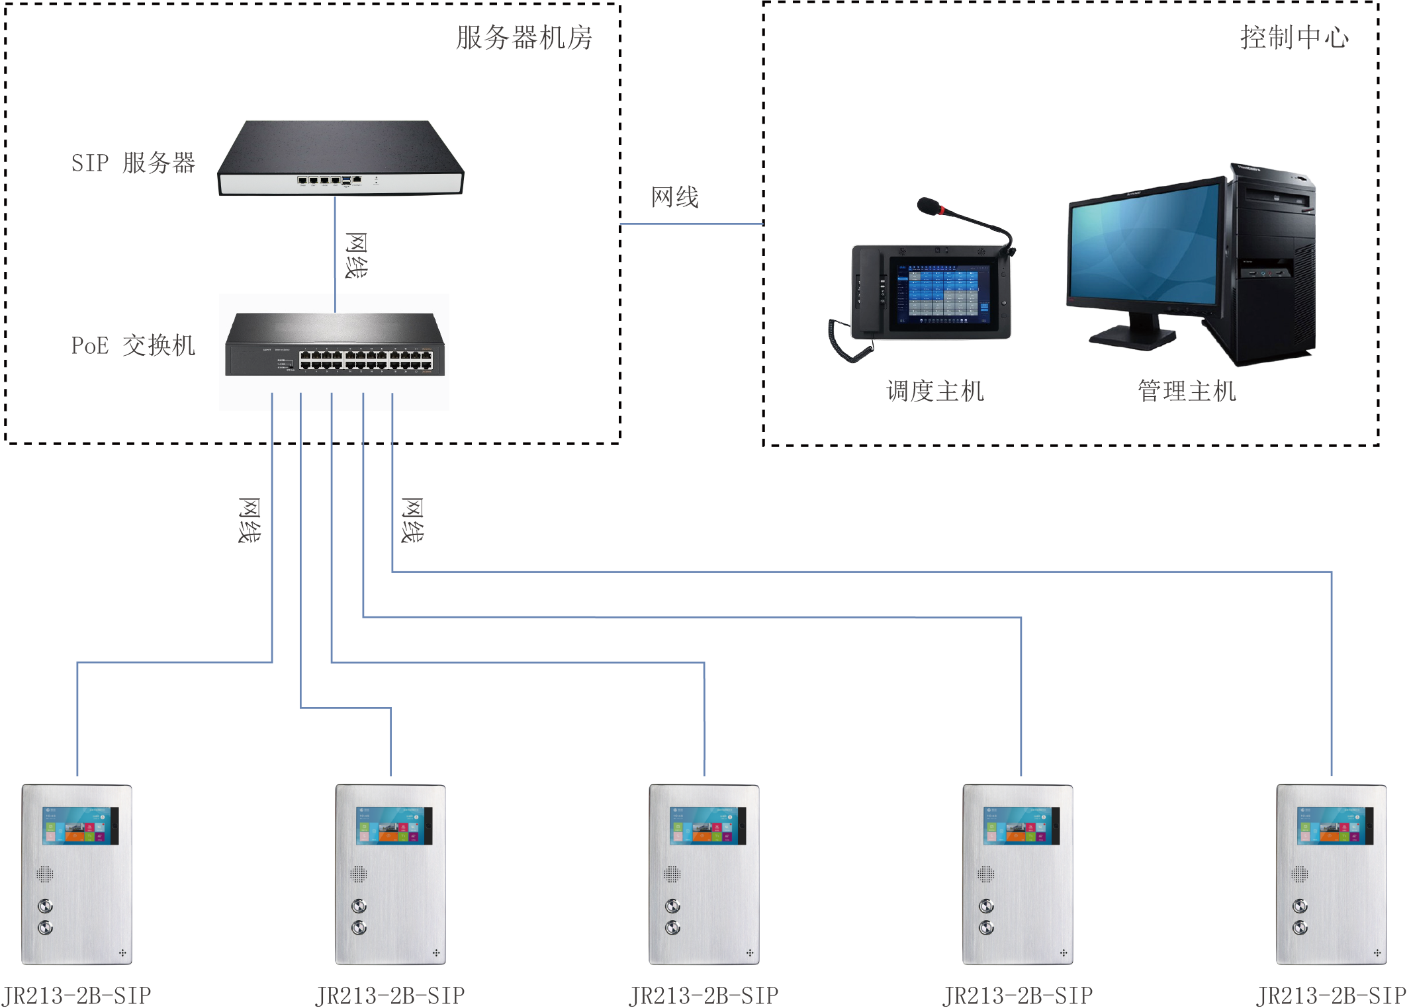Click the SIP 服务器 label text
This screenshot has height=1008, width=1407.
click(133, 163)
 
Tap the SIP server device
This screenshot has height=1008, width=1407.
click(340, 158)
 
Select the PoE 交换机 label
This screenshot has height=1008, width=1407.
click(133, 345)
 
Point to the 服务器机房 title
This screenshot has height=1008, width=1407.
click(524, 38)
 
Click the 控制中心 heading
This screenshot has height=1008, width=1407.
click(1294, 38)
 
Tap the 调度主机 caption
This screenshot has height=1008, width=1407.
click(934, 392)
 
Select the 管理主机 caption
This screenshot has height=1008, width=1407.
click(1187, 392)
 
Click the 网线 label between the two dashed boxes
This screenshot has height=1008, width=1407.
click(674, 197)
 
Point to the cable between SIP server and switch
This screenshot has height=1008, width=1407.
click(335, 255)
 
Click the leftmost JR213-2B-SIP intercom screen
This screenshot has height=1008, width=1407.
click(80, 825)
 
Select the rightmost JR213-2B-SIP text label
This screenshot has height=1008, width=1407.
click(1331, 995)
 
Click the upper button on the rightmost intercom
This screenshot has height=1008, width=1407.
click(1300, 905)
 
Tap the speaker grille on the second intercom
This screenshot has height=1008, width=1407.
click(358, 874)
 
